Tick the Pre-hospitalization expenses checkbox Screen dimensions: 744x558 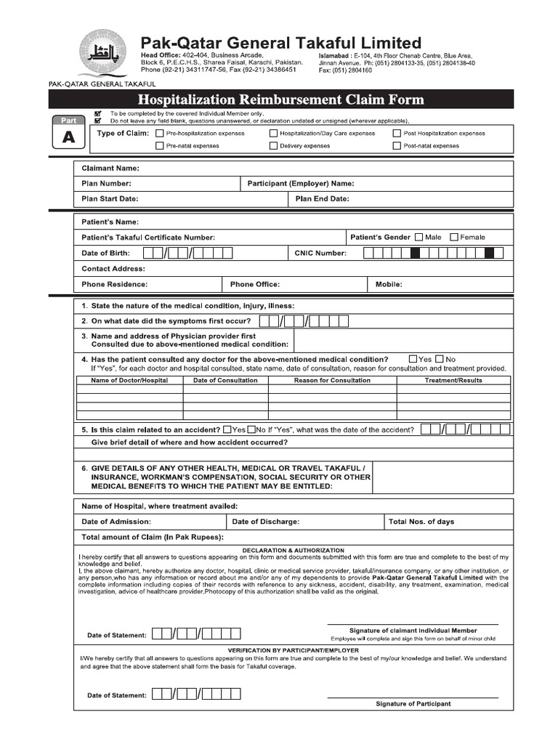point(160,134)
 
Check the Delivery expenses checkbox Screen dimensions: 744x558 point(274,146)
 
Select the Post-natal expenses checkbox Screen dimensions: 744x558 point(397,146)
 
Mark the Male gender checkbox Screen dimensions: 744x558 point(418,237)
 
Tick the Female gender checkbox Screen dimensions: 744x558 point(454,237)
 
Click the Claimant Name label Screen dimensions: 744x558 point(110,169)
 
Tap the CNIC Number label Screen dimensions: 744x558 point(320,253)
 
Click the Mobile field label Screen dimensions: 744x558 point(389,284)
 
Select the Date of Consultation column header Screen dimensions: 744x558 point(225,380)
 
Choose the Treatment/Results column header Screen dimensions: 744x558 point(453,380)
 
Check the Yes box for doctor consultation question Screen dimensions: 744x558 point(413,359)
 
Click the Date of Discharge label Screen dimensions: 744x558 point(265,522)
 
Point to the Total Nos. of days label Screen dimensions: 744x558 point(421,522)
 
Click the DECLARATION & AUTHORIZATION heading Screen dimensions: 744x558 point(294,550)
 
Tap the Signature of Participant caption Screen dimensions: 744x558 point(413,703)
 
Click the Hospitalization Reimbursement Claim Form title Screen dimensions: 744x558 point(281,100)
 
